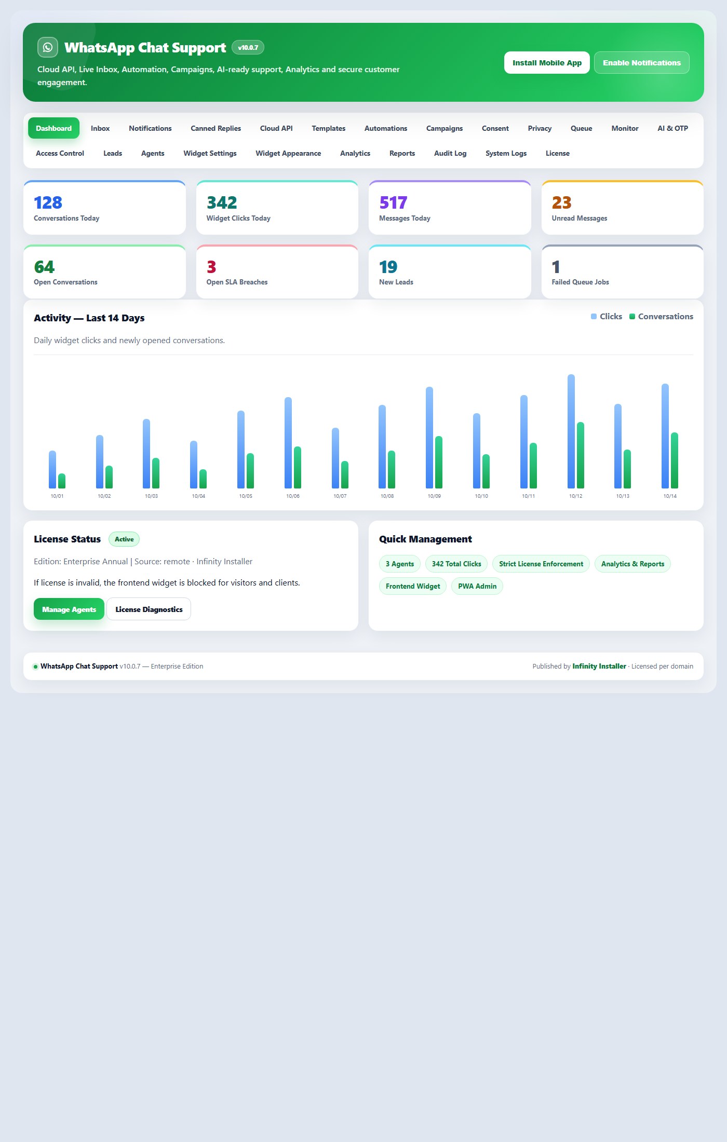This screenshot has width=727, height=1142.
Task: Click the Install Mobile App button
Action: (x=547, y=63)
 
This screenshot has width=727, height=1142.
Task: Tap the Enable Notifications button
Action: (x=641, y=63)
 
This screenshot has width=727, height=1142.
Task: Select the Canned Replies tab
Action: (x=216, y=128)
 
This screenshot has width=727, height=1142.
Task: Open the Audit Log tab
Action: (x=450, y=153)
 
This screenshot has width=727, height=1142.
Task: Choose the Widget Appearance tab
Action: (x=288, y=153)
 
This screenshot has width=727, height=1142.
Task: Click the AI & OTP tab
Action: (x=672, y=128)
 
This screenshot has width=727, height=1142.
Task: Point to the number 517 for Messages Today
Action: (x=393, y=202)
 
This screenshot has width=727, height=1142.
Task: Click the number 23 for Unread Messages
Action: (x=561, y=202)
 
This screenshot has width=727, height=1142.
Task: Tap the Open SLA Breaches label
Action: (x=237, y=282)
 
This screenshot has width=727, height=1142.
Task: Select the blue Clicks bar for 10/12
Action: (x=571, y=431)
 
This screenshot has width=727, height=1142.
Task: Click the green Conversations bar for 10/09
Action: (x=439, y=462)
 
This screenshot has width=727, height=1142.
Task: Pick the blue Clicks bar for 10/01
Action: (x=52, y=469)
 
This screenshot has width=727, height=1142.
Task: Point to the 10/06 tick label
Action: (x=293, y=496)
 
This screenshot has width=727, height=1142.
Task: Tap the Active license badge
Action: (x=124, y=539)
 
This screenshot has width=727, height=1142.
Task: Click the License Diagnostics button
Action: (x=149, y=609)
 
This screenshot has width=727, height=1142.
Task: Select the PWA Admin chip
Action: (x=477, y=586)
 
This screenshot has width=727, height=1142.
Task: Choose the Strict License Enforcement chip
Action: (x=541, y=564)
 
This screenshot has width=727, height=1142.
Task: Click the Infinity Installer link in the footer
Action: (x=599, y=666)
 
